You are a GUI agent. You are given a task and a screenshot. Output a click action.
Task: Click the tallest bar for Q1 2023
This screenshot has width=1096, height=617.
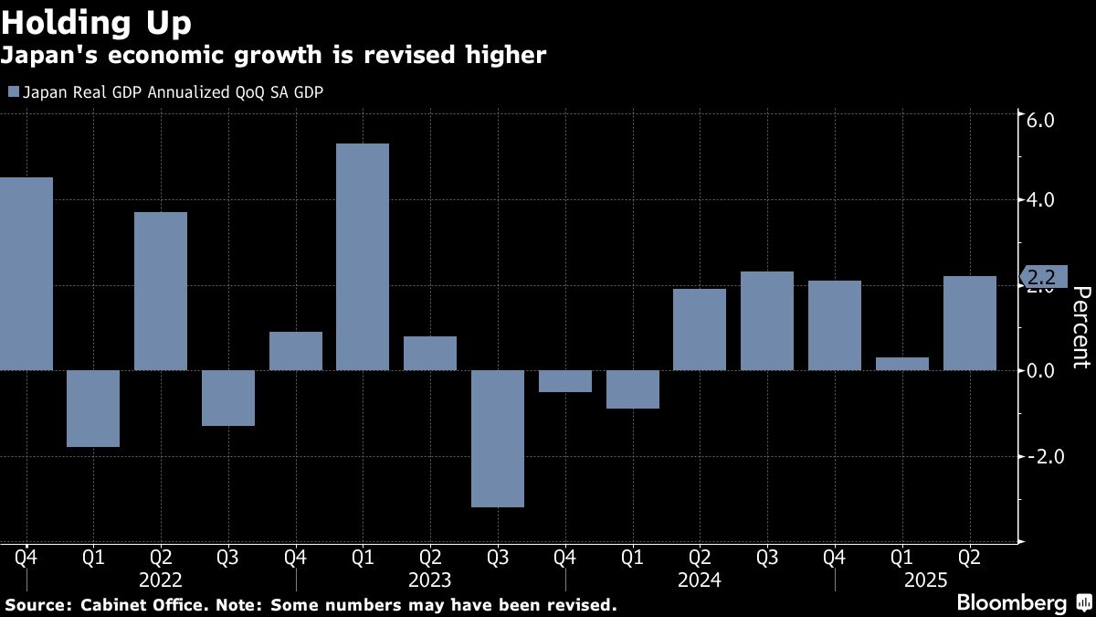(x=363, y=257)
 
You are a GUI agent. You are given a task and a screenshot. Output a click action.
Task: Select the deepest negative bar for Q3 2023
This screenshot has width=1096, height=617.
(x=498, y=438)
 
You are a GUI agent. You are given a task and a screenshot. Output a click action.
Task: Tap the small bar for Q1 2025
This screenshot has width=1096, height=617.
(x=902, y=364)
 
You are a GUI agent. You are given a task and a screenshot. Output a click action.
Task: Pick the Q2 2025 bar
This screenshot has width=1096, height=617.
(x=970, y=323)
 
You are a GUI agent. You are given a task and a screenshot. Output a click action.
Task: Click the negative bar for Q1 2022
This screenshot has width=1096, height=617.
(x=93, y=409)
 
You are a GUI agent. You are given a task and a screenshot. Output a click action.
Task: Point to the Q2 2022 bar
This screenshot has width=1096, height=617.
(x=161, y=291)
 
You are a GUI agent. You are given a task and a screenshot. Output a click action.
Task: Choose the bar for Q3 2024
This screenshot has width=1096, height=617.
(x=767, y=321)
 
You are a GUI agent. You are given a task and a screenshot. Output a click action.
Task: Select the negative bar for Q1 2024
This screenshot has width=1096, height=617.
(x=633, y=389)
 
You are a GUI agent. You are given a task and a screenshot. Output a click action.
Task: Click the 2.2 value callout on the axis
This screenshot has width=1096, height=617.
(x=1043, y=275)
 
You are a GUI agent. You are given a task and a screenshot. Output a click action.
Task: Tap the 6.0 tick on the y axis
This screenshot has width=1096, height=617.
(x=1042, y=121)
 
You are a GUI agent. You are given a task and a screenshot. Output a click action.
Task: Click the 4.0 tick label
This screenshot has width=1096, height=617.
(x=1042, y=200)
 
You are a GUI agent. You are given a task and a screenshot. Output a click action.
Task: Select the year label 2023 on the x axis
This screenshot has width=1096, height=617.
(x=430, y=580)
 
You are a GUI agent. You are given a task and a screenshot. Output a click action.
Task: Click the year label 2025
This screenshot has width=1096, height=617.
(x=923, y=580)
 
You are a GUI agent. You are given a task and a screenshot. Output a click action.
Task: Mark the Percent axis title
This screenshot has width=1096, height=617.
(x=1080, y=327)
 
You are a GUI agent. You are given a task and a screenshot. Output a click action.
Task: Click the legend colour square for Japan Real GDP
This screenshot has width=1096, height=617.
(x=13, y=91)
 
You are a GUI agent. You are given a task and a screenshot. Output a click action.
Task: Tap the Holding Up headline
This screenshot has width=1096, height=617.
(x=96, y=20)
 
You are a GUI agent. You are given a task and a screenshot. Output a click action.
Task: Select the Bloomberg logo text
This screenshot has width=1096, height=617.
(x=1011, y=603)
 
